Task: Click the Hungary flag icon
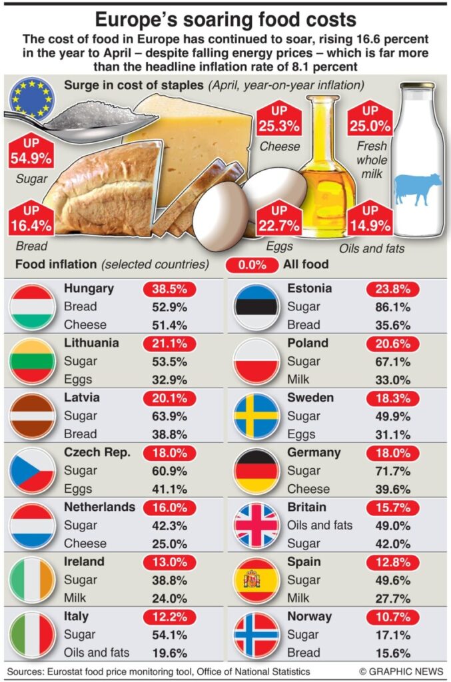[x=33, y=306]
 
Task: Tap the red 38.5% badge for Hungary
[x=169, y=289]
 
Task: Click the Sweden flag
[x=256, y=416]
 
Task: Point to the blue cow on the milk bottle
[x=418, y=188]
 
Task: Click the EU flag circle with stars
[x=31, y=99]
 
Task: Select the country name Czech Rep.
[x=97, y=452]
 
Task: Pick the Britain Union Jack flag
[x=256, y=525]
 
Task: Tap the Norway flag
[x=256, y=634]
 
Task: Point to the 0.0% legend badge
[x=252, y=264]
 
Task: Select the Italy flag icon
[x=33, y=634]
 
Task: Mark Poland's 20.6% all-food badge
[x=393, y=344]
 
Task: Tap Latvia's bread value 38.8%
[x=169, y=434]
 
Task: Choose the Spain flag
[x=256, y=579]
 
